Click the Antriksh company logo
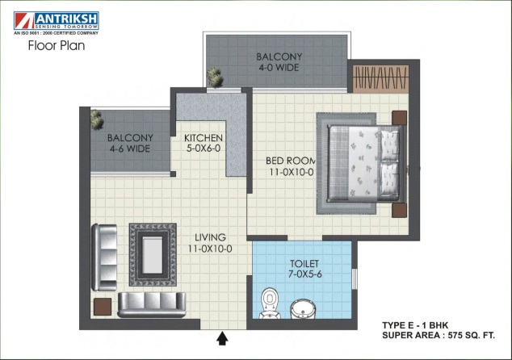[x=57, y=23]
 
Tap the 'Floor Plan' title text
[x=57, y=45]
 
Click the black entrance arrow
[x=222, y=338]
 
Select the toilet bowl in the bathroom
[x=270, y=303]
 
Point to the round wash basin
[x=303, y=309]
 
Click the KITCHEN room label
[x=203, y=143]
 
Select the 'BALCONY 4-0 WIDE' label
[x=279, y=62]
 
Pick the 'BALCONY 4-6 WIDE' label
[x=130, y=143]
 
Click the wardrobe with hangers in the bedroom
[x=380, y=78]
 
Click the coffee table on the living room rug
[x=152, y=255]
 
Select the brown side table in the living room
[x=103, y=307]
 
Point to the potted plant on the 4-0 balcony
[x=215, y=77]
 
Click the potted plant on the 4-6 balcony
[x=97, y=119]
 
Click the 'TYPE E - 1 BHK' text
[x=415, y=325]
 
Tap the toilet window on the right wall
[x=355, y=278]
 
